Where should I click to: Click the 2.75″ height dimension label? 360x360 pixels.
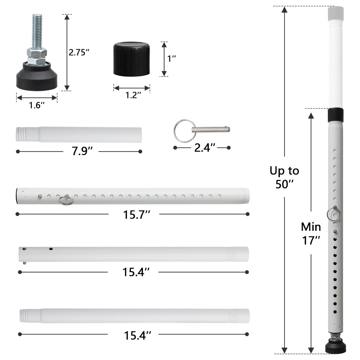[x=79, y=52]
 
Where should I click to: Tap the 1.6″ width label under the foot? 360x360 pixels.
[x=36, y=105]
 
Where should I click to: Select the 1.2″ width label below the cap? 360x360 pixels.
[x=131, y=95]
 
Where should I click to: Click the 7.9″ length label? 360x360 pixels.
[x=81, y=152]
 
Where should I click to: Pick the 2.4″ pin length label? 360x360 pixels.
[x=205, y=147]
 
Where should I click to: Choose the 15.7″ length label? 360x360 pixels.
[x=134, y=214]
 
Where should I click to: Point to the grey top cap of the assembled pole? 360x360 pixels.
[x=335, y=13]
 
